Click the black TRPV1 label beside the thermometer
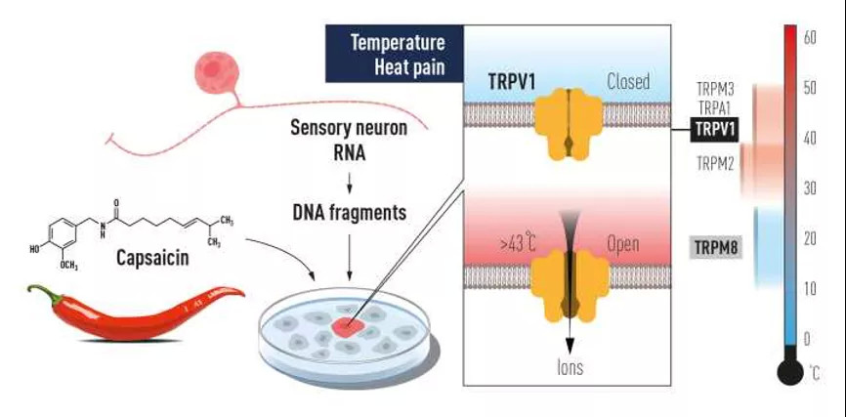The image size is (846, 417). coord(714,130)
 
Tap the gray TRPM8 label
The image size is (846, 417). coord(716,248)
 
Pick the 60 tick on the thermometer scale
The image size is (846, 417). coord(809,37)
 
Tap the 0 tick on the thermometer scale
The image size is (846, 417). coord(807,339)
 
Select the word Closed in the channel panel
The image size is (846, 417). coord(628,82)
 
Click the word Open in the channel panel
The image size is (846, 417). coord(623,244)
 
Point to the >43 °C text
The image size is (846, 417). coord(518,244)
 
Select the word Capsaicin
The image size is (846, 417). coord(152,258)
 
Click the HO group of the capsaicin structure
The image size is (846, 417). coord(35,249)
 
